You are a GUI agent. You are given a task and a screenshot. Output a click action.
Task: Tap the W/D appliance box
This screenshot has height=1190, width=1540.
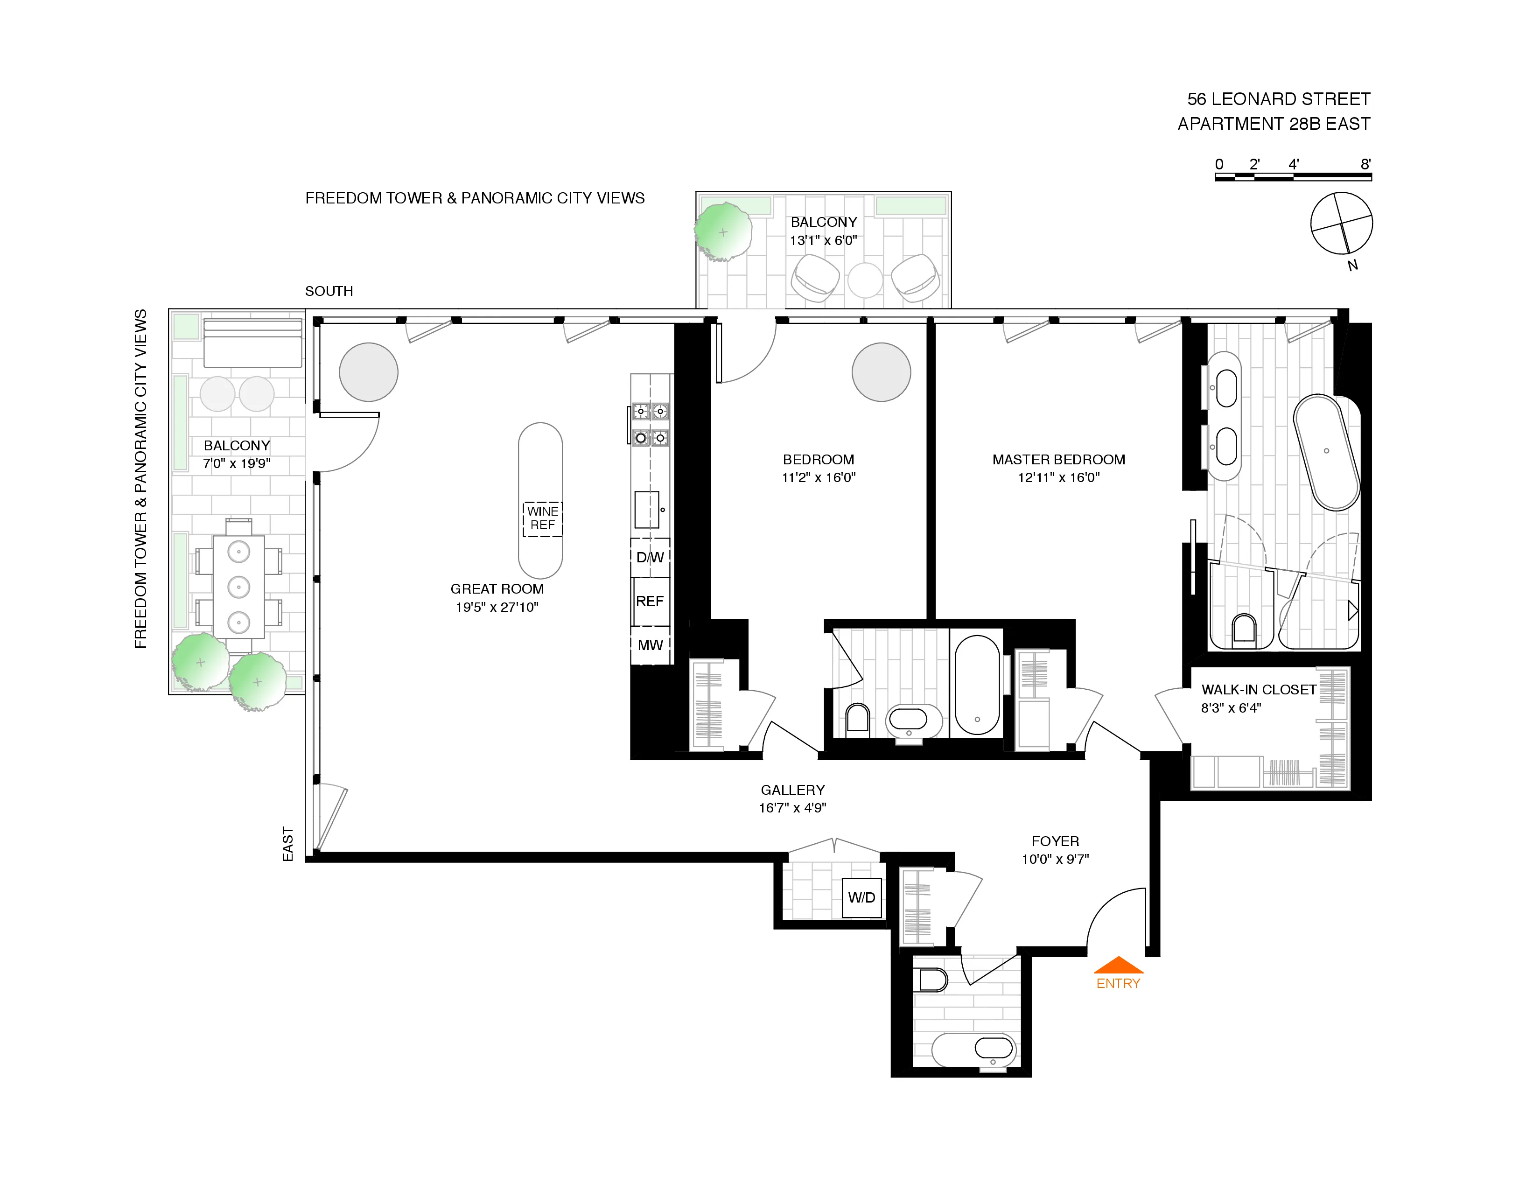(861, 897)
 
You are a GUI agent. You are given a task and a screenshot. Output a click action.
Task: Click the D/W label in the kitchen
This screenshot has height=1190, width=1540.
(650, 558)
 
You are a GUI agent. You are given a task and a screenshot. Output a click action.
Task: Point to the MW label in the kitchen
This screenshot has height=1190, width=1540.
(650, 645)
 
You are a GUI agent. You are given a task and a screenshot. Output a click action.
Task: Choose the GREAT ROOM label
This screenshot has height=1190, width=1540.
(497, 588)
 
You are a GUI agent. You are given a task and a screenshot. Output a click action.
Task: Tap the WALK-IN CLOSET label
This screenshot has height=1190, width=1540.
(1259, 689)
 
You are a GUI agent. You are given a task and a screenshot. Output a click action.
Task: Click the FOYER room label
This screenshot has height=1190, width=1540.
(1055, 841)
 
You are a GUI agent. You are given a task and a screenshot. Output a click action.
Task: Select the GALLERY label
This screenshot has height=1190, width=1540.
(792, 790)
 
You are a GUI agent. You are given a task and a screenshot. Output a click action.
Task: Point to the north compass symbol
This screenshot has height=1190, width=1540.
(1341, 224)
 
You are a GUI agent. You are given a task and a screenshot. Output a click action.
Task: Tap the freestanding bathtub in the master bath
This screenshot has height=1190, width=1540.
(1326, 452)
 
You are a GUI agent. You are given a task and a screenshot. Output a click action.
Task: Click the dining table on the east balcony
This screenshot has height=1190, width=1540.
(239, 587)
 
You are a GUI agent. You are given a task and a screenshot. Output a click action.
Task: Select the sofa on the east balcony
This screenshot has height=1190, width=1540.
(253, 343)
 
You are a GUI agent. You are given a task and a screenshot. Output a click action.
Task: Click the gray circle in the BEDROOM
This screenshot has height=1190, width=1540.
(882, 372)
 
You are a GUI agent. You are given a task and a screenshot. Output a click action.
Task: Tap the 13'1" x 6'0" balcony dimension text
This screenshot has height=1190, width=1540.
(823, 240)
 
